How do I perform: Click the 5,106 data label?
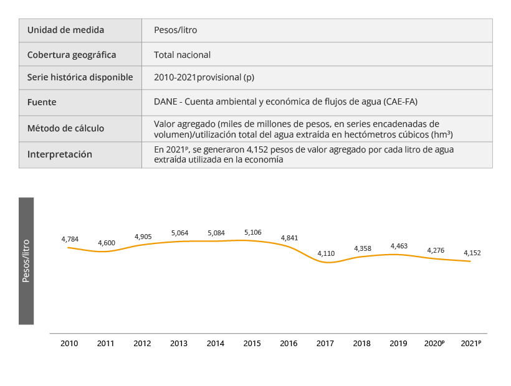pos(252,232)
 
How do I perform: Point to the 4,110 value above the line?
pos(326,253)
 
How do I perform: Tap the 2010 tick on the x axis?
pos(69,343)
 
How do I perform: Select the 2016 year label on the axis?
pos(289,343)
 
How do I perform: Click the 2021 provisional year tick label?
pos(470,343)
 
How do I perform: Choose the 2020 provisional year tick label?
pos(434,343)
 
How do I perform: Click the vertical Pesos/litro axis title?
pos(26,261)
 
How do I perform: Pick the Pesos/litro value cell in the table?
pos(176,30)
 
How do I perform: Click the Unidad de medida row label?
pos(65,30)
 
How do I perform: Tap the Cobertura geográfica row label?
pos(72,55)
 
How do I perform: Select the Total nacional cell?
pos(182,55)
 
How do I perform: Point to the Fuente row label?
pos(42,101)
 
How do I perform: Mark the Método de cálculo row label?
pos(65,128)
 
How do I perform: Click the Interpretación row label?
pos(59,154)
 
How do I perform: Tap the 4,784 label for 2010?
pos(70,239)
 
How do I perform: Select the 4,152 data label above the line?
pos(472,253)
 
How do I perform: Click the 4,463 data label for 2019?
pos(399,246)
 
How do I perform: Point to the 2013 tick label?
pos(179,343)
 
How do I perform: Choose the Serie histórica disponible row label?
pos(80,78)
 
